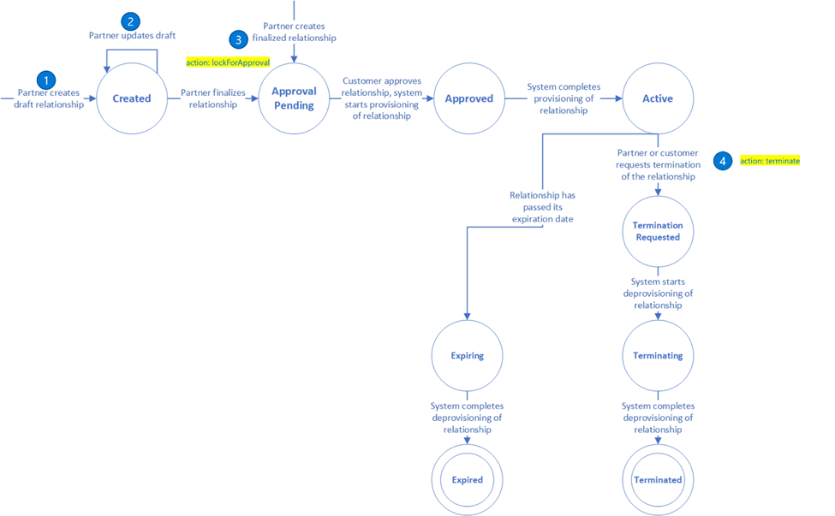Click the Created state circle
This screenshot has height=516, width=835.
tap(132, 98)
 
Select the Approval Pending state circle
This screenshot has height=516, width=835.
tap(294, 98)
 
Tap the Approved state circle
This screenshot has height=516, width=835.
tap(468, 98)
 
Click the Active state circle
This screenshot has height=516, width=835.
tap(658, 98)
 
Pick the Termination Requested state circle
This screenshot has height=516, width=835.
tap(658, 231)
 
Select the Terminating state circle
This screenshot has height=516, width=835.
tap(658, 355)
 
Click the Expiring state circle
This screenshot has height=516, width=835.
tap(468, 355)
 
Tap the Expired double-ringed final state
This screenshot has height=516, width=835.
tap(468, 479)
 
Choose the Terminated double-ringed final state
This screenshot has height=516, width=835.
tap(658, 479)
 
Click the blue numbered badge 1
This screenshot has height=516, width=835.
tap(46, 80)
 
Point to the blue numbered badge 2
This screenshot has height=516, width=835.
tap(131, 21)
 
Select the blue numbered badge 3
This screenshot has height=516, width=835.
tap(238, 39)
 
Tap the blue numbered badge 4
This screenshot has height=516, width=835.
tap(724, 161)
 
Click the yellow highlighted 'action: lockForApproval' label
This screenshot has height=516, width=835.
tap(228, 62)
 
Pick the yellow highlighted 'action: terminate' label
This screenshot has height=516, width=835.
tap(769, 161)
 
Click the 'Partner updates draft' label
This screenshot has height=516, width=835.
tap(133, 36)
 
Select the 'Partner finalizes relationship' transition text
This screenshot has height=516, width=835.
tap(213, 98)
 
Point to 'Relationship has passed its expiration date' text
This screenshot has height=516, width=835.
tap(542, 207)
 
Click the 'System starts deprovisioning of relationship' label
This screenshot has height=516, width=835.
tap(658, 293)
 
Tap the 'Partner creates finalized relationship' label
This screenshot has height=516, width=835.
tap(294, 32)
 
